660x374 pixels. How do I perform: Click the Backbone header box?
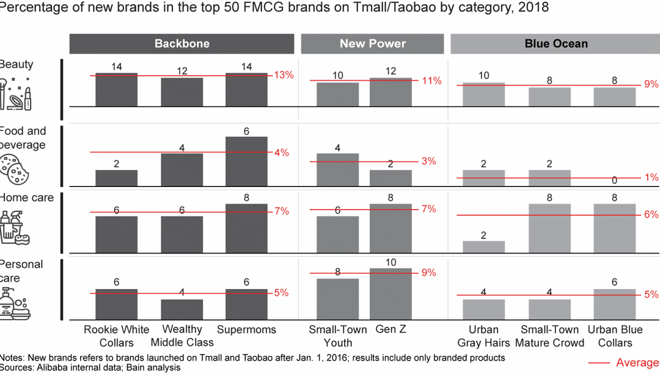(x=182, y=43)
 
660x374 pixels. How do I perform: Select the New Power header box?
(x=373, y=43)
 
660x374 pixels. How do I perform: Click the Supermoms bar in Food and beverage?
(x=246, y=161)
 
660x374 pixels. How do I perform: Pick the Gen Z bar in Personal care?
(x=391, y=293)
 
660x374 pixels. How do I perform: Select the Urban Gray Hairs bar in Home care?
(x=483, y=247)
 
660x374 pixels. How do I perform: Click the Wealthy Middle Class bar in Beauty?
(x=182, y=92)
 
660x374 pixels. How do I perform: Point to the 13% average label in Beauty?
(x=284, y=75)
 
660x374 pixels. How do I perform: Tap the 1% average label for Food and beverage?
(x=651, y=177)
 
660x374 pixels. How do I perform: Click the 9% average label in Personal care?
(x=428, y=273)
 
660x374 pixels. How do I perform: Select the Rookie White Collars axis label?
(x=116, y=335)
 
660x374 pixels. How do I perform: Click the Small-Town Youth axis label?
(x=337, y=335)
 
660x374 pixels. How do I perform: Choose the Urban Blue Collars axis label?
(x=614, y=335)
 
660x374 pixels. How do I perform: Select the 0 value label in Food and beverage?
(x=614, y=181)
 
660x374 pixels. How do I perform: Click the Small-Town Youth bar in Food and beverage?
(x=337, y=170)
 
